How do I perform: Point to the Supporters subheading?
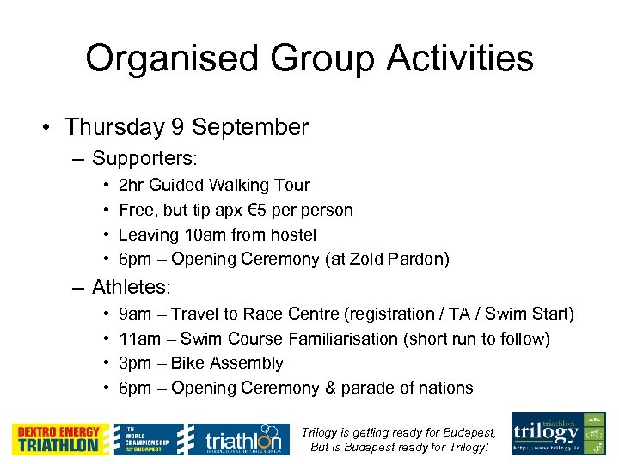(144, 159)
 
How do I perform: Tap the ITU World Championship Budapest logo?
(149, 439)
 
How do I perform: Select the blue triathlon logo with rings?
(235, 439)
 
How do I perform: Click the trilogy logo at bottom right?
(559, 433)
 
